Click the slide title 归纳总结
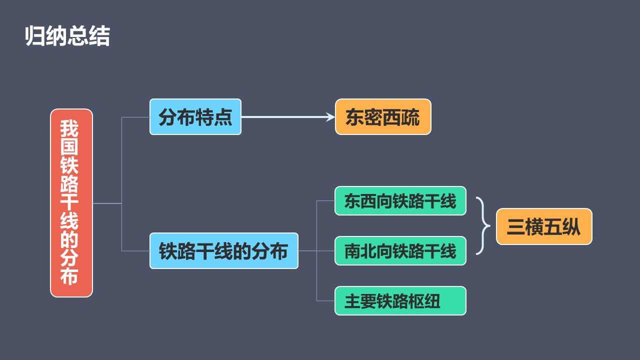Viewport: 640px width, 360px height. pos(67,36)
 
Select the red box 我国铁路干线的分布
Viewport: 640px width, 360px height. pos(71,203)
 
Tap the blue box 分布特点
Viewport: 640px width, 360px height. pos(195,117)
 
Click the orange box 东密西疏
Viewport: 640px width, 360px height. pos(383,117)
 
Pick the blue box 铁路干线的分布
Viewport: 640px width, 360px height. pos(224,251)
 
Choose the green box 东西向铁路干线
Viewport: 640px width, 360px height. pos(400,201)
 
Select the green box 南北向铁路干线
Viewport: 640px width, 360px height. pos(400,251)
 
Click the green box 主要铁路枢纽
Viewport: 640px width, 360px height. pos(400,301)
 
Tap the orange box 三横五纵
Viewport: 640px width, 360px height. pos(544,227)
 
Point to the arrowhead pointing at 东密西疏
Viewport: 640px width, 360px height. pos(330,117)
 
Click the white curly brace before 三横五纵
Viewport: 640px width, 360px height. pos(482,226)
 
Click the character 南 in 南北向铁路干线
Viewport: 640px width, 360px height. pos(353,251)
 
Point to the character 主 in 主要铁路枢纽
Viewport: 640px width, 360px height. pos(352,301)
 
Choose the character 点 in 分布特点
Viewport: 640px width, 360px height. pos(223,117)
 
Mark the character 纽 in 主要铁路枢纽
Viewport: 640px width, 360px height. pos(432,301)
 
